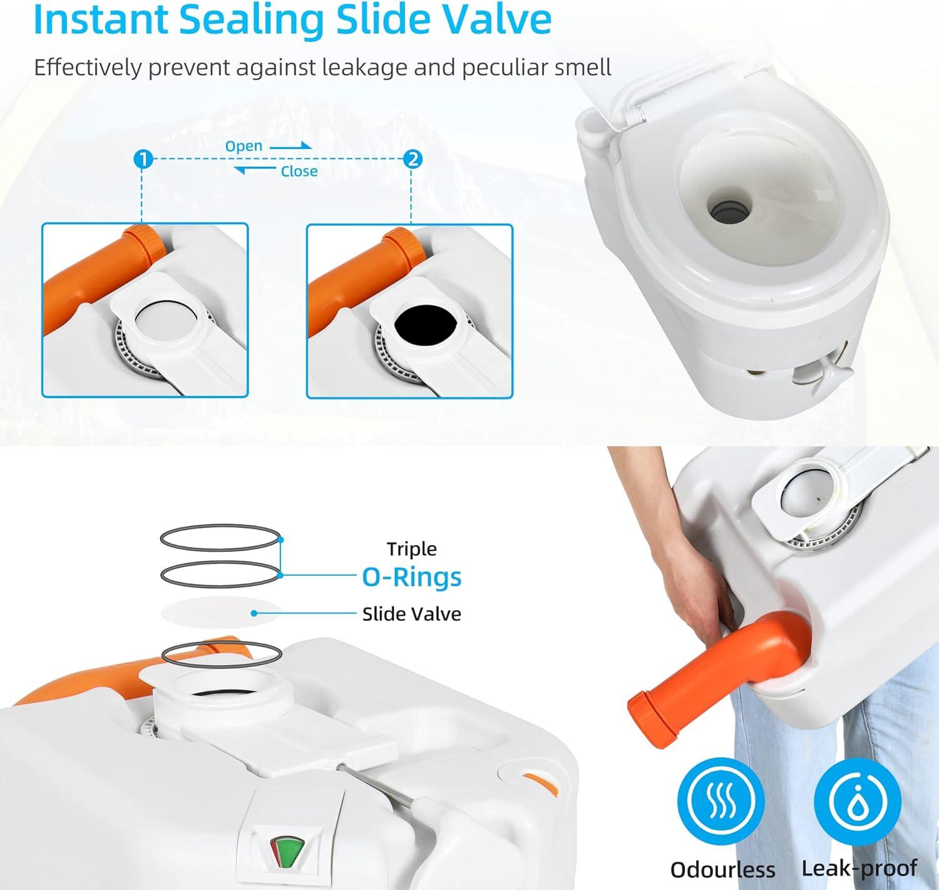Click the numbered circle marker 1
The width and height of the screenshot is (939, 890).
pos(143,160)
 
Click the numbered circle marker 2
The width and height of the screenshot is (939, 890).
pos(413,160)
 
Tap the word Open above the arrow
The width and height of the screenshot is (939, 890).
pos(244,146)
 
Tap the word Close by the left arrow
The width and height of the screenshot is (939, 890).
pos(299,171)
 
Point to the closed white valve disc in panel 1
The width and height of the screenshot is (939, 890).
pos(165,322)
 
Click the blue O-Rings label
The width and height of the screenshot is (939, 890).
pos(411,577)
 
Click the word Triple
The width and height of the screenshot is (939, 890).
pos(411,549)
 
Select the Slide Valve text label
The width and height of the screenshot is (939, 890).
pos(411,614)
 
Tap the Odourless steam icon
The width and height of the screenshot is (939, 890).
pos(722,800)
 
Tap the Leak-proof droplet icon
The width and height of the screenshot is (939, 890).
pos(858,800)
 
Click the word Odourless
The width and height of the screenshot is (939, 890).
pos(722,869)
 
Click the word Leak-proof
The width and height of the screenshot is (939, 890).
pos(859,868)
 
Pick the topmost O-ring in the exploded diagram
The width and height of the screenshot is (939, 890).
pos(220,537)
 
